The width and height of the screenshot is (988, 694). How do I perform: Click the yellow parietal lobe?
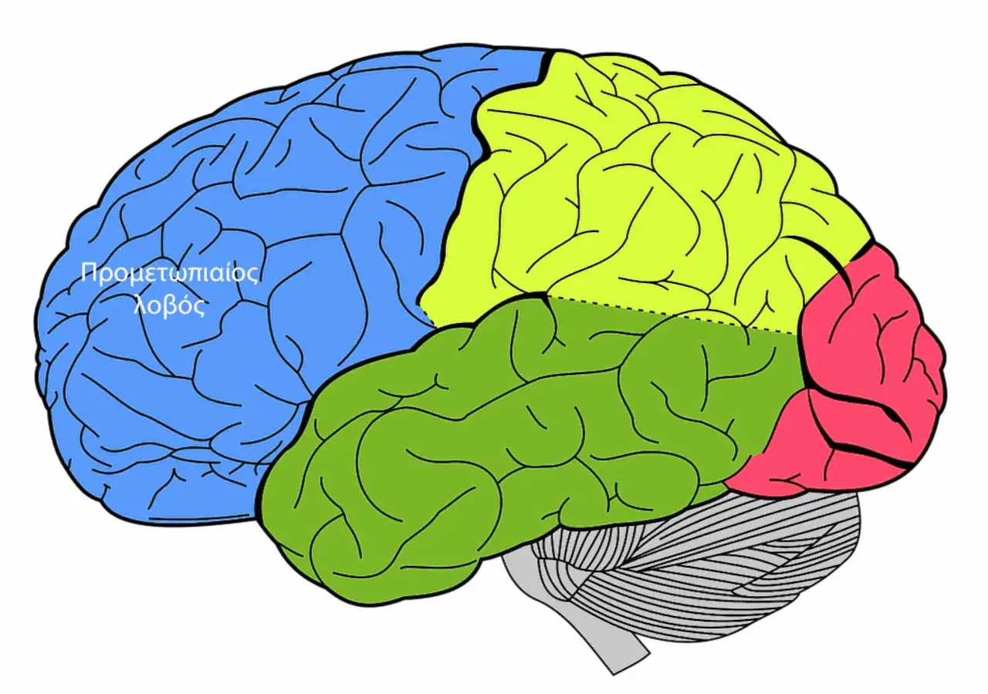[x=641, y=200]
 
